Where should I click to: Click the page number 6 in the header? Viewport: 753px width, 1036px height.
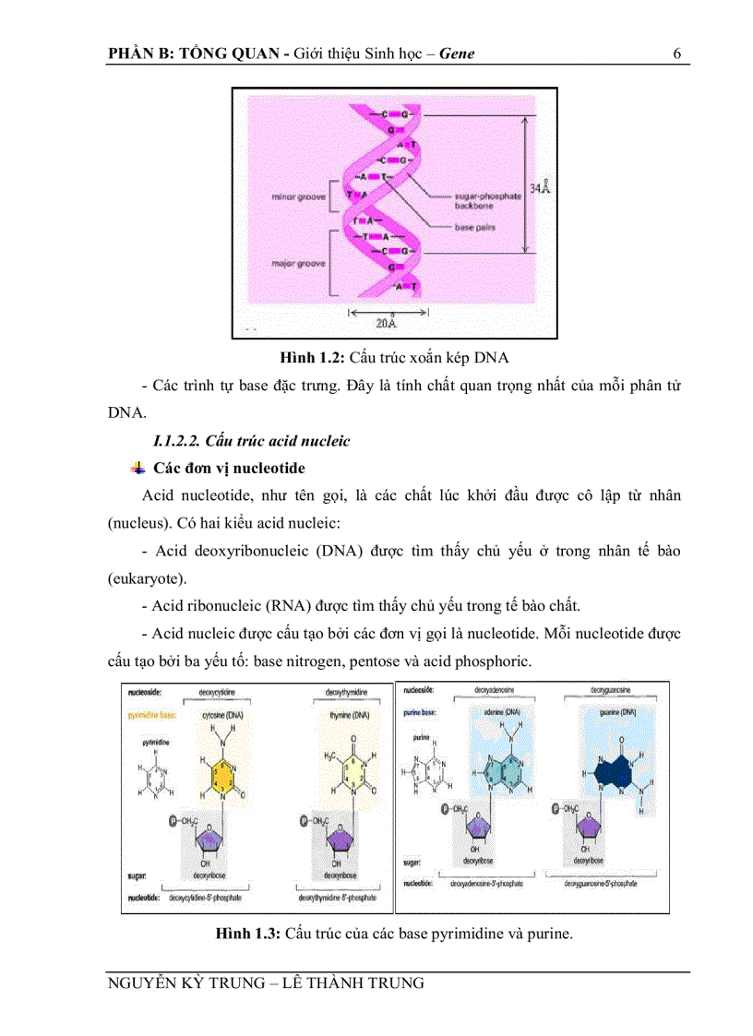676,53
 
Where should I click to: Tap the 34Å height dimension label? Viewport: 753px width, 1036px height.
540,188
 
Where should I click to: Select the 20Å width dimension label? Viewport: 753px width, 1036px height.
387,323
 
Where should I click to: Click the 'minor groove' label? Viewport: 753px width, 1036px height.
294,196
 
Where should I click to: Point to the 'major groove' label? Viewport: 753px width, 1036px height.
294,263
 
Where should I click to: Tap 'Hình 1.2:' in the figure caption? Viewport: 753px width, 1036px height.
313,356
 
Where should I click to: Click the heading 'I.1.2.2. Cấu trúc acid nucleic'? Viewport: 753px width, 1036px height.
251,441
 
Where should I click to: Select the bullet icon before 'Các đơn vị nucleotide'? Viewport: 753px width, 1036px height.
139,467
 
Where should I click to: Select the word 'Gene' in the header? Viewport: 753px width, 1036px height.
457,53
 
